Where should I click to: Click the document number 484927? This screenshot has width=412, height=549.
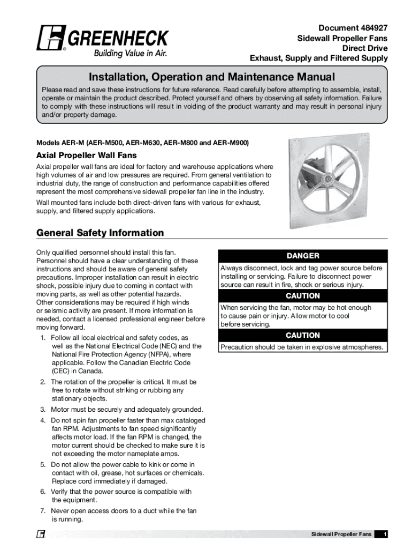(x=369, y=27)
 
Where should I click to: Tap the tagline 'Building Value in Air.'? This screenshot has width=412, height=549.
(x=131, y=53)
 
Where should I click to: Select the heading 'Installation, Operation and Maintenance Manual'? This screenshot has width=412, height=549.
(x=212, y=77)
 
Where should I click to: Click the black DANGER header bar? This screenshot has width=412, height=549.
(x=302, y=256)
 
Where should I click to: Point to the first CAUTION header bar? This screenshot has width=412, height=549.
(x=302, y=296)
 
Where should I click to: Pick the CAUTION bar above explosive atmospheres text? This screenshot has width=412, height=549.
(x=302, y=335)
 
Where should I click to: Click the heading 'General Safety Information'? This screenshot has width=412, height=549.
(x=100, y=233)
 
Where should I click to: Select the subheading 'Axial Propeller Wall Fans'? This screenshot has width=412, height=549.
(x=86, y=155)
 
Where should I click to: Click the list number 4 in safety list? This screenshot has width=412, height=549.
(x=42, y=420)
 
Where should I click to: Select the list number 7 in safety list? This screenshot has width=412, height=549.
(x=42, y=511)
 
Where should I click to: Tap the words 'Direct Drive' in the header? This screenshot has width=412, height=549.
(x=365, y=48)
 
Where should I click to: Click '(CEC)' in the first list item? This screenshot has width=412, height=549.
(x=60, y=370)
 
